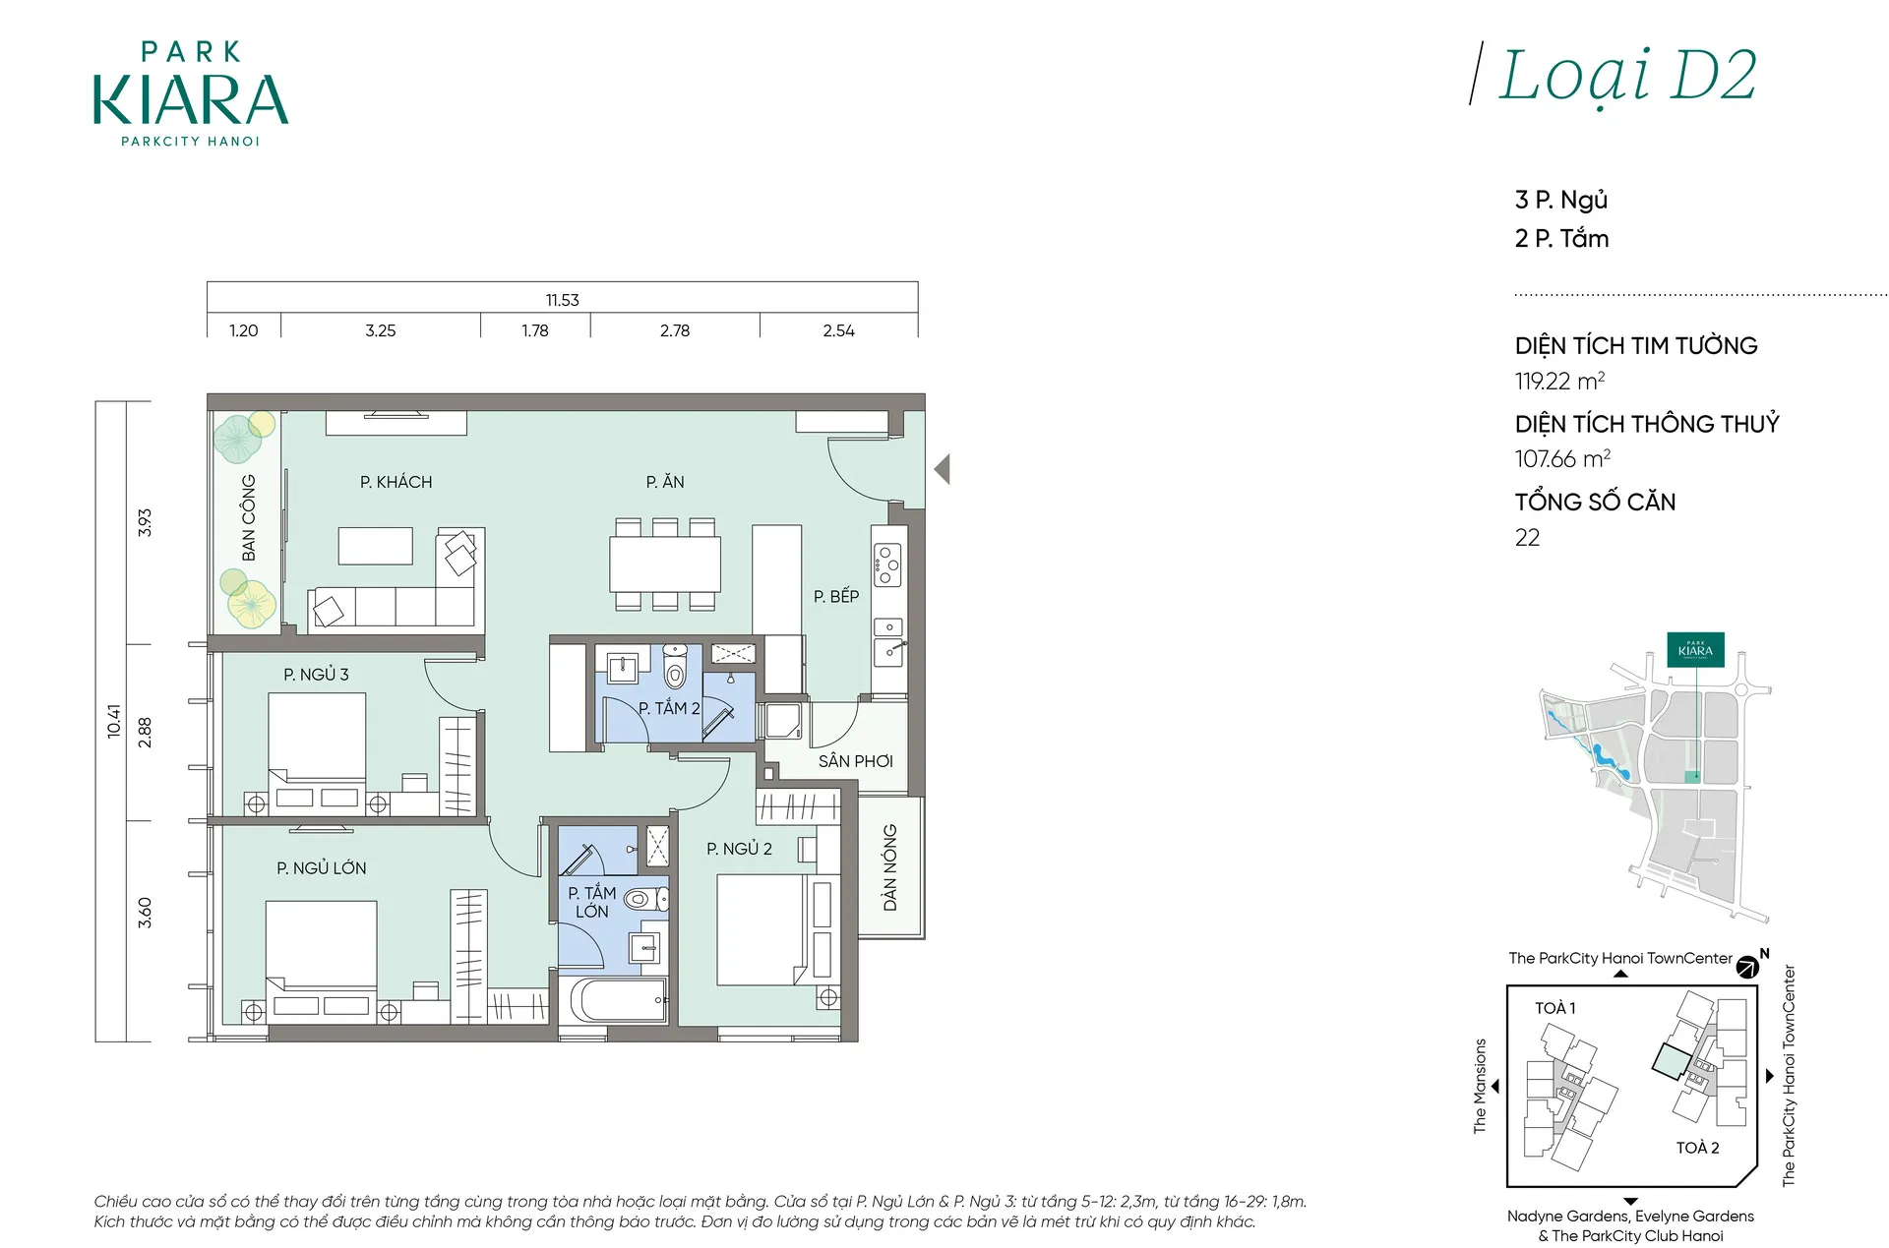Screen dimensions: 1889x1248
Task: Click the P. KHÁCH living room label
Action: click(396, 482)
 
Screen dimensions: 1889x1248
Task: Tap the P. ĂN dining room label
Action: click(665, 482)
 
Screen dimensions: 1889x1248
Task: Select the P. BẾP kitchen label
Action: click(836, 596)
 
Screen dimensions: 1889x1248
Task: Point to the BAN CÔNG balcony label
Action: click(248, 518)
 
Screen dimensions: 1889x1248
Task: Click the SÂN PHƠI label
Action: click(856, 761)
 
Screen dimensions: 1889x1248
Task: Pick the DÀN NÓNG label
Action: click(890, 867)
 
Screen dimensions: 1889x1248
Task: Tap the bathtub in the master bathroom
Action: click(619, 1001)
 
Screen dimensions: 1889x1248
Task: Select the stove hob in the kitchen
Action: click(887, 565)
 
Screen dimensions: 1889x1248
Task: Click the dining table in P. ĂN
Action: click(665, 564)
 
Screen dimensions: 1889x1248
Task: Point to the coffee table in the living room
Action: click(375, 546)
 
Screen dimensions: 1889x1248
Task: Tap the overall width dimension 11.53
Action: click(563, 300)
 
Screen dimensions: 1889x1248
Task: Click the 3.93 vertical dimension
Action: click(145, 522)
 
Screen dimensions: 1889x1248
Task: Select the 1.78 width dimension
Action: click(535, 330)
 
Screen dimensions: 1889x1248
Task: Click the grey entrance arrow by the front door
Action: click(943, 469)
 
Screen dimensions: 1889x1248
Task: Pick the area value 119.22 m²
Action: click(1560, 381)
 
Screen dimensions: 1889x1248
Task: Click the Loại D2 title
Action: click(1627, 76)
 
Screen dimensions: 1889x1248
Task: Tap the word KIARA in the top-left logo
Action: click(191, 99)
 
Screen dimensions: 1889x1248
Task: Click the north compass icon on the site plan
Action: click(1747, 967)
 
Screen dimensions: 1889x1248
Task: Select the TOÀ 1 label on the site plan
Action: click(1555, 1008)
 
